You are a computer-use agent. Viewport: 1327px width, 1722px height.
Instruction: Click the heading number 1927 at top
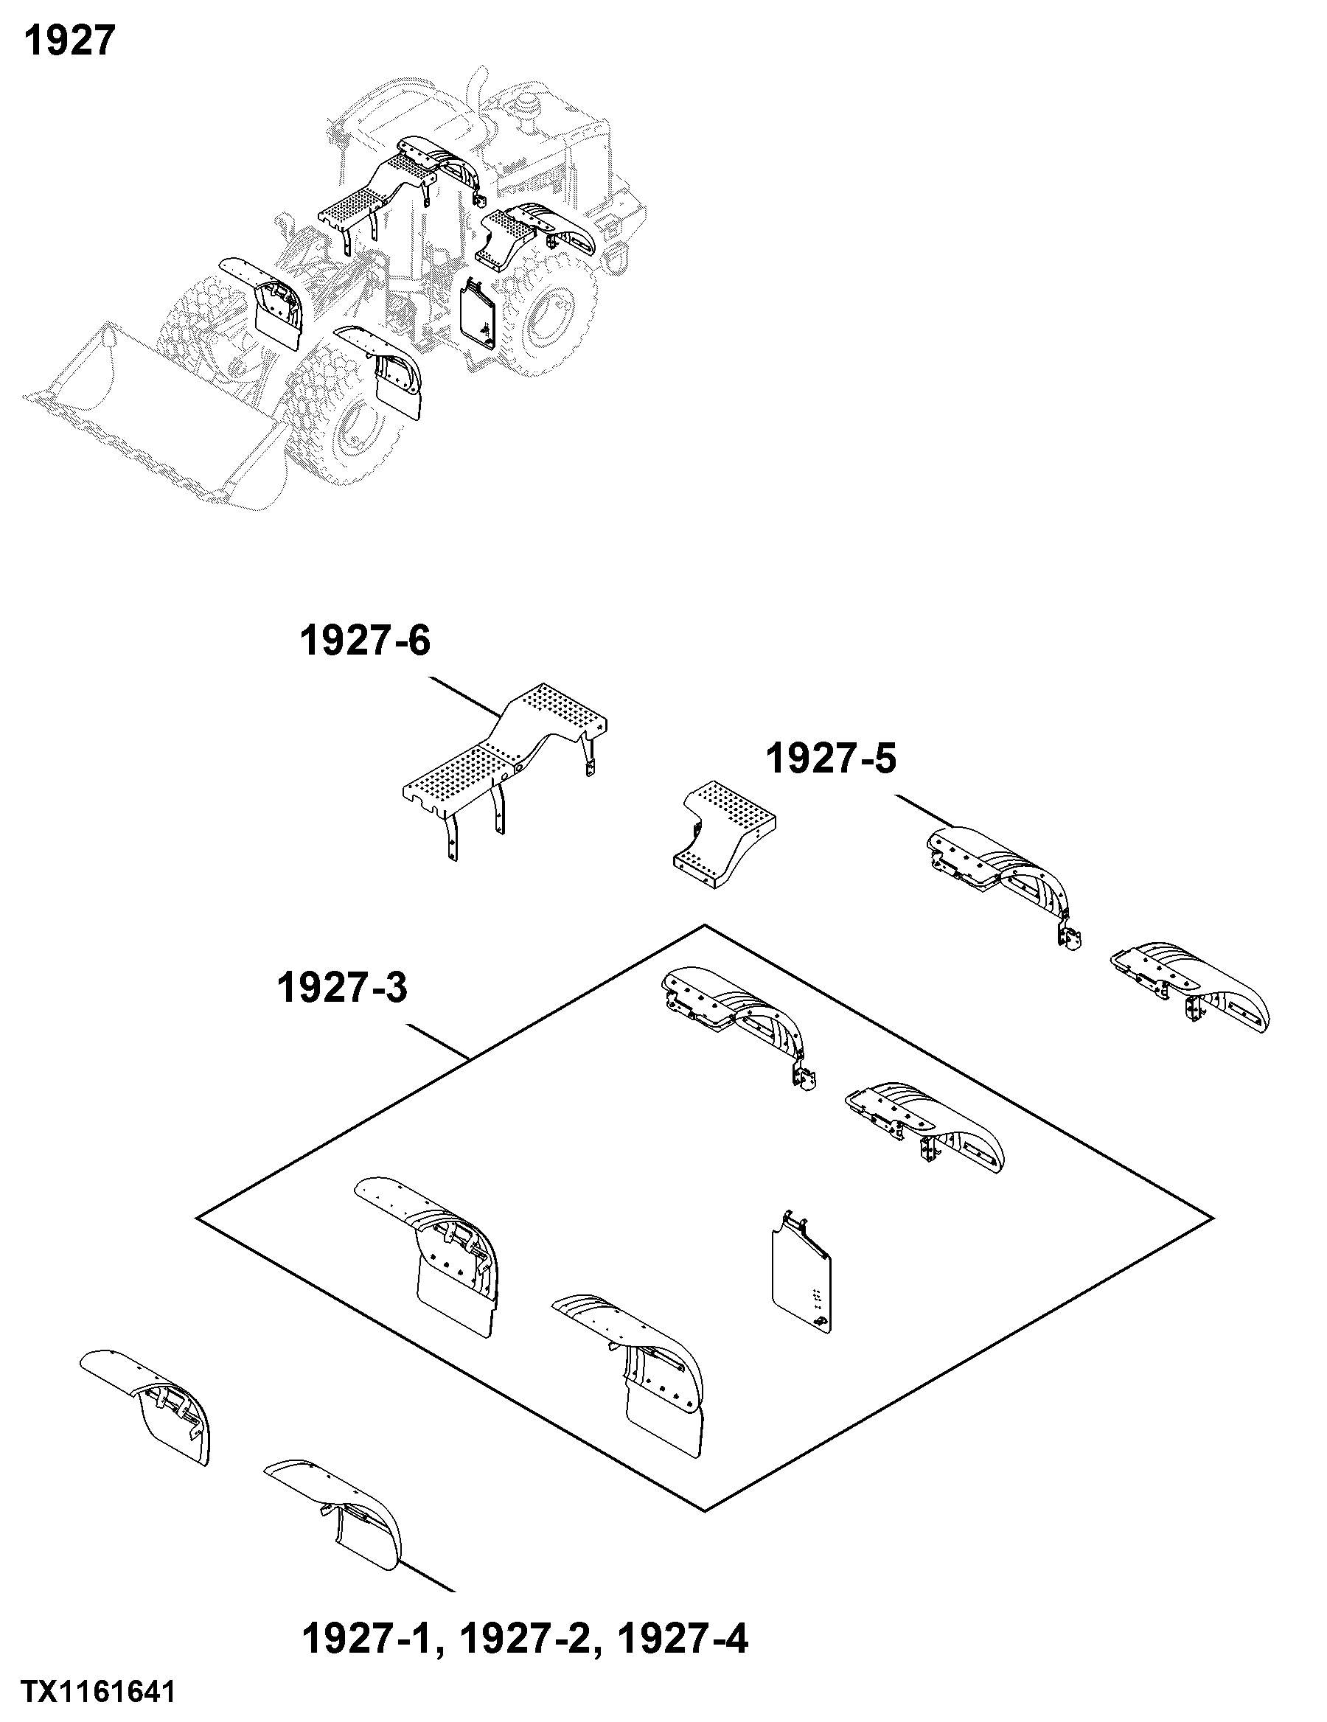pos(69,41)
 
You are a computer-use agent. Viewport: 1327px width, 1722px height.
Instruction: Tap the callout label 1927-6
pos(365,641)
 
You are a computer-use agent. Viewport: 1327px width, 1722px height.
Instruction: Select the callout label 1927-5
pos(831,759)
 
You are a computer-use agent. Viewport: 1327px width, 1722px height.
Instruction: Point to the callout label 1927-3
pos(342,988)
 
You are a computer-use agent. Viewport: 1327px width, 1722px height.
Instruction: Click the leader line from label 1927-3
pos(437,1041)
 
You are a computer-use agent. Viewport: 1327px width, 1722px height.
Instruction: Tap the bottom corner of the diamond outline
pos(704,1510)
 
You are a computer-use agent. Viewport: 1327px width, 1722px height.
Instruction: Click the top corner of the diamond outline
pos(704,925)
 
